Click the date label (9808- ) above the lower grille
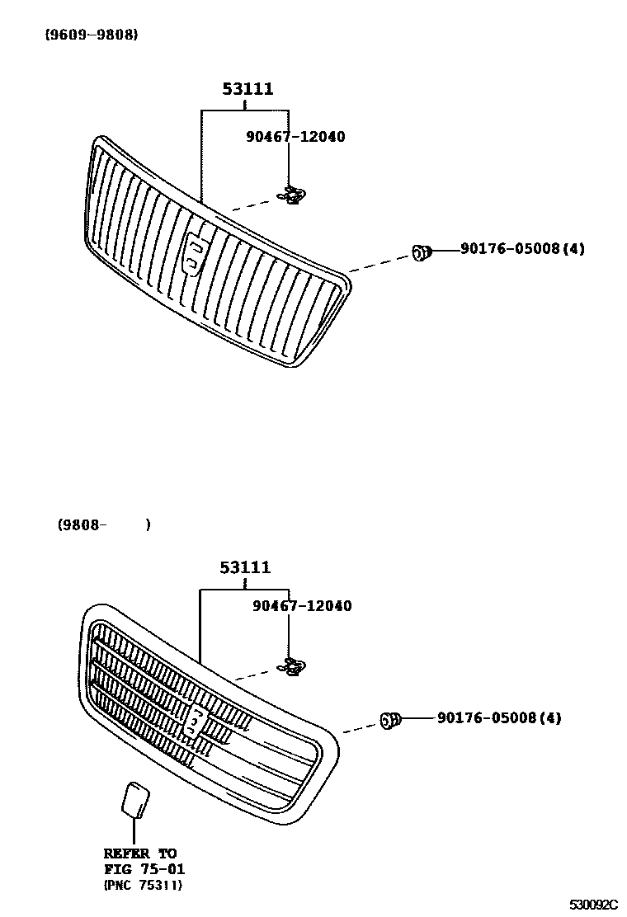(x=104, y=524)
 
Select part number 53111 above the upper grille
(x=247, y=89)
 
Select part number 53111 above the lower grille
(x=245, y=567)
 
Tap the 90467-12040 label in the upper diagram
(x=295, y=137)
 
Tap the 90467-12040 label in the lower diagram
(x=302, y=606)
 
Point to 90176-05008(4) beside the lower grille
(x=499, y=718)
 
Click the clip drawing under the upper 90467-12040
(x=291, y=196)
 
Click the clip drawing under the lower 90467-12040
(x=291, y=666)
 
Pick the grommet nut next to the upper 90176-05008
(x=421, y=252)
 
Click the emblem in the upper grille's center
(x=196, y=252)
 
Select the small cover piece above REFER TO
(x=134, y=799)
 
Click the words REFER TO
(x=140, y=854)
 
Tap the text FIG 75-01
(x=144, y=869)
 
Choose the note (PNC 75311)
(x=143, y=885)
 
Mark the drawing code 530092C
(x=593, y=905)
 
